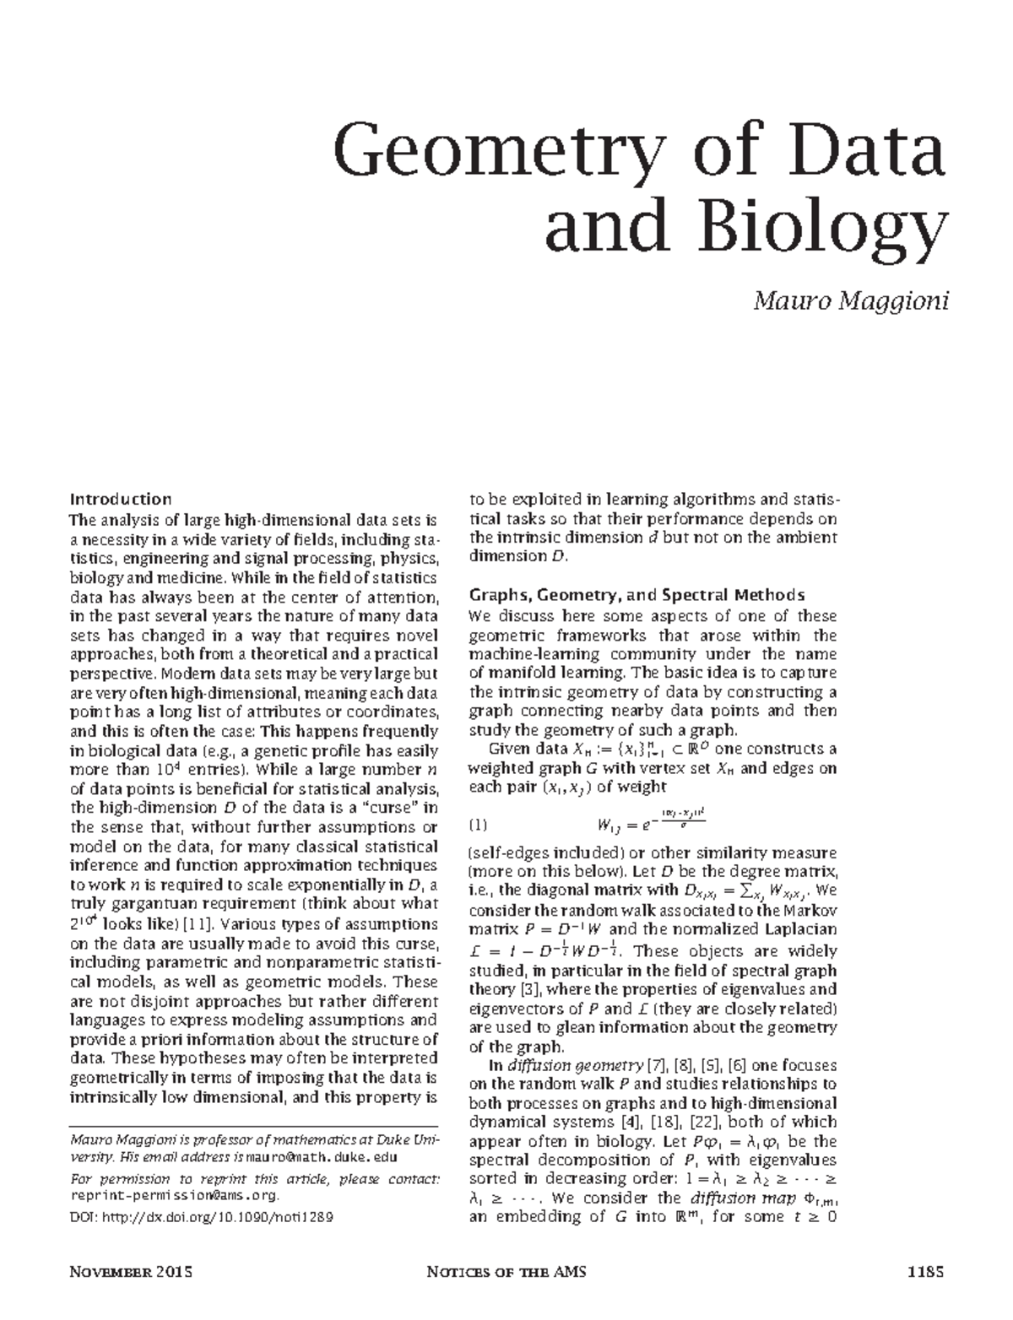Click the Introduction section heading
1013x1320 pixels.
pos(121,499)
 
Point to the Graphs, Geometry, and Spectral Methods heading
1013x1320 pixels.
pos(637,594)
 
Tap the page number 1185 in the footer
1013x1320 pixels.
pos(924,1271)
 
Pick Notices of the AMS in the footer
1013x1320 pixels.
pos(506,1271)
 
